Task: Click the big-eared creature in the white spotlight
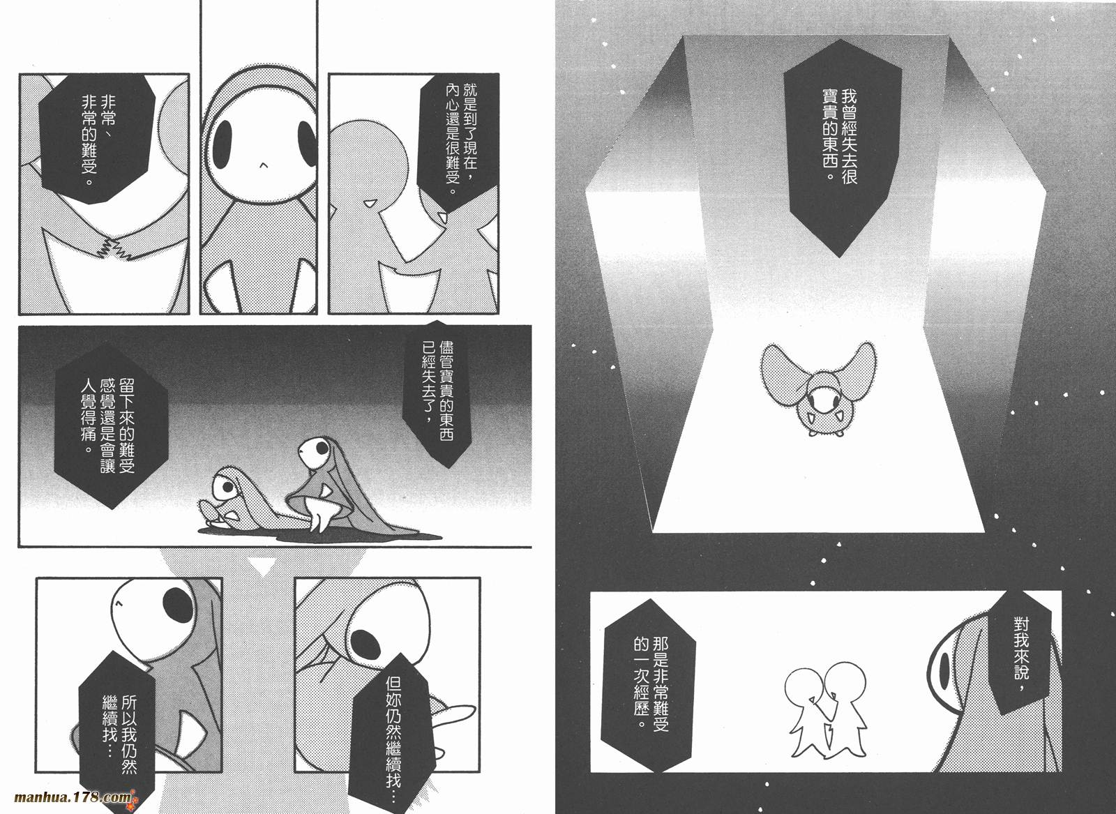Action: click(x=817, y=389)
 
